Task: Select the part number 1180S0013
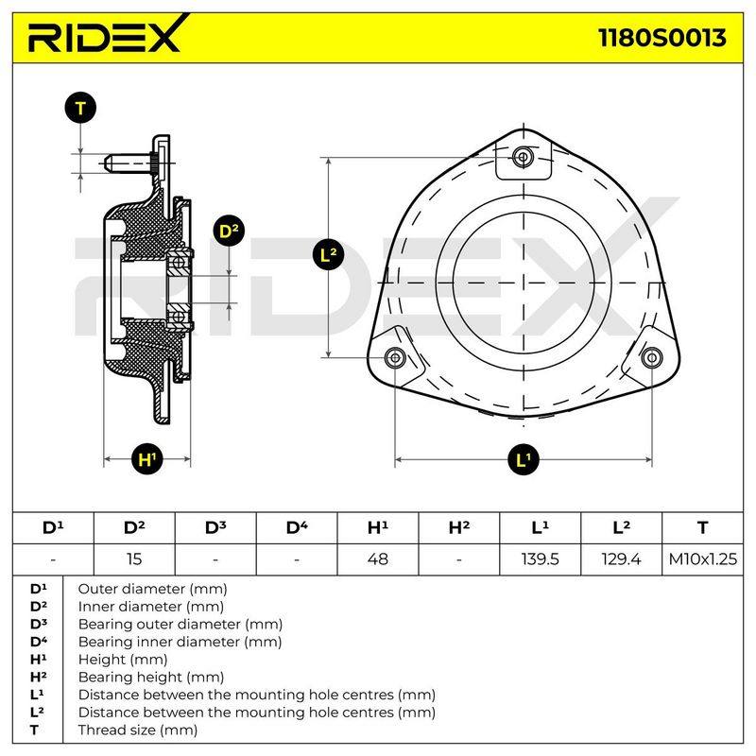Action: click(662, 38)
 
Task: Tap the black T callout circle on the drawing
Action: click(80, 108)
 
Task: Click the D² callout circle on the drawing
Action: click(229, 231)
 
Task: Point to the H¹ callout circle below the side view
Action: click(147, 459)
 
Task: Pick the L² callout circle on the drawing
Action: click(328, 254)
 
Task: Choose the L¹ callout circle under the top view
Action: click(524, 459)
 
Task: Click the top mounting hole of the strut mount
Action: click(524, 157)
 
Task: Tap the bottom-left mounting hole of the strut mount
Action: click(395, 358)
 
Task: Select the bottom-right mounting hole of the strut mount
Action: click(651, 358)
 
